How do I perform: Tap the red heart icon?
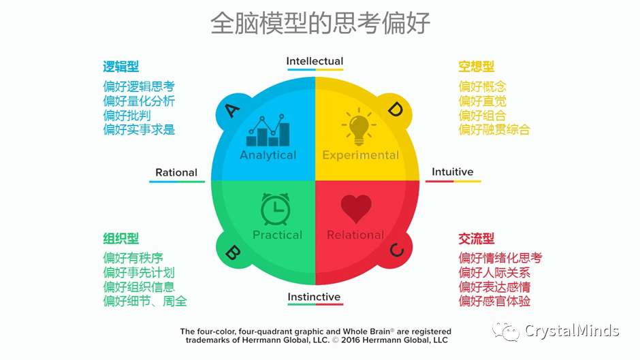pyautogui.click(x=356, y=209)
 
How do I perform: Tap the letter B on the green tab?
pyautogui.click(x=231, y=252)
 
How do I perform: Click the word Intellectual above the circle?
pyautogui.click(x=315, y=61)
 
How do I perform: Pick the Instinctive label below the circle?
pyautogui.click(x=314, y=297)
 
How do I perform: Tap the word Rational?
pyautogui.click(x=176, y=172)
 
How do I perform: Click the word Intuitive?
pyautogui.click(x=452, y=171)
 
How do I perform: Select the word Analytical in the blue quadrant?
pyautogui.click(x=268, y=155)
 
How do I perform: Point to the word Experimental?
pyautogui.click(x=360, y=155)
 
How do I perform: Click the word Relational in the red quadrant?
pyautogui.click(x=355, y=235)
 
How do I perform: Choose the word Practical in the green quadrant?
pyautogui.click(x=277, y=235)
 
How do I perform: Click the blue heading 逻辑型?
pyautogui.click(x=121, y=67)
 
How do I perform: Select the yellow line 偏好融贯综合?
pyautogui.click(x=494, y=129)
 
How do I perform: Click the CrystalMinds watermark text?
pyautogui.click(x=571, y=331)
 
